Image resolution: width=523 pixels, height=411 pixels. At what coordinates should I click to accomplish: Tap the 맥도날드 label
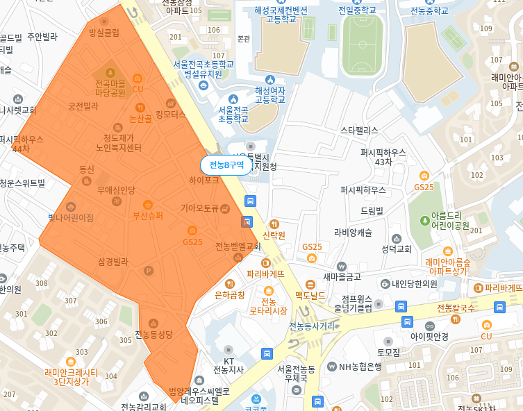click(310, 295)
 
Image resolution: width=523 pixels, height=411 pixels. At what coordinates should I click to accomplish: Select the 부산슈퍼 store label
click(148, 215)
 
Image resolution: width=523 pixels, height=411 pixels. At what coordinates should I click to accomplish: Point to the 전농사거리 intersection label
click(310, 326)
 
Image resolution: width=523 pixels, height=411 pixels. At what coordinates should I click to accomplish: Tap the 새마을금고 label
click(342, 276)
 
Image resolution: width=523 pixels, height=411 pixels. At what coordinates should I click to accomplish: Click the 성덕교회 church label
click(397, 249)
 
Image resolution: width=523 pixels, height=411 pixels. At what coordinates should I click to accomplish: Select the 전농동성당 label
click(153, 335)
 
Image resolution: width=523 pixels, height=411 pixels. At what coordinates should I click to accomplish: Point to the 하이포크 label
click(204, 180)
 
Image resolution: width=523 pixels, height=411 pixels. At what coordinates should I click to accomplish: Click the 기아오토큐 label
click(200, 208)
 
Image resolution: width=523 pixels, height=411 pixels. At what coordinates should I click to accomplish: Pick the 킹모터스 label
click(171, 115)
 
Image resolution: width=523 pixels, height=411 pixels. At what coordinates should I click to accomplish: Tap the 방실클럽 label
click(104, 32)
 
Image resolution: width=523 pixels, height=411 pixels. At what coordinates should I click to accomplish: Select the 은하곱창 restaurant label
click(230, 295)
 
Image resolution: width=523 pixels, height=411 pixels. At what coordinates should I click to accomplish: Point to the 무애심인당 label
click(116, 190)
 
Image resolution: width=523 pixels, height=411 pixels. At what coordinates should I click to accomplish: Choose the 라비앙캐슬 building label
click(353, 233)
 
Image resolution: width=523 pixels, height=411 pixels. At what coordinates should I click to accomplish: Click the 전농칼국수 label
click(456, 308)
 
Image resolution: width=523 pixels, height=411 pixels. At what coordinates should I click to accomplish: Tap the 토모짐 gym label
click(388, 353)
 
